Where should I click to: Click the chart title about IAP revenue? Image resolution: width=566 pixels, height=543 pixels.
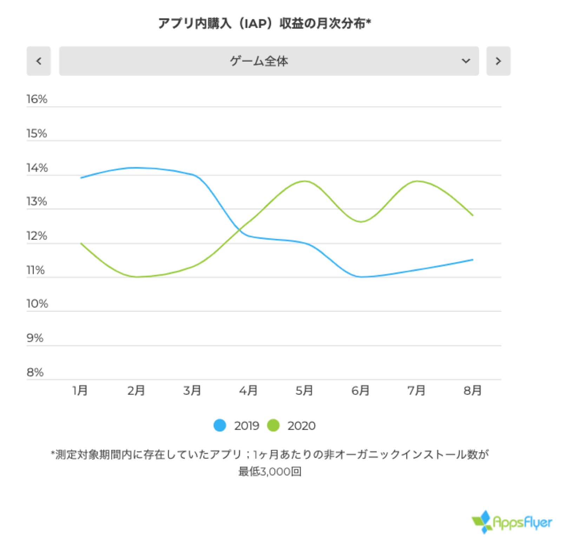[264, 24]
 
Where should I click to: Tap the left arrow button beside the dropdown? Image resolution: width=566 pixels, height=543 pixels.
[39, 61]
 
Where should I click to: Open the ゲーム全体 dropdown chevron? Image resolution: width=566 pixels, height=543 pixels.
[466, 61]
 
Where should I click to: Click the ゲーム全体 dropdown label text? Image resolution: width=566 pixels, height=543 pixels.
[259, 61]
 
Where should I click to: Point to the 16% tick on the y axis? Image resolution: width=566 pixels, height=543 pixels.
[37, 99]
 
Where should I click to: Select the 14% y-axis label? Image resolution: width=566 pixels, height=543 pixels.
[37, 168]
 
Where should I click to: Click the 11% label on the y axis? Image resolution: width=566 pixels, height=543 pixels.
[36, 270]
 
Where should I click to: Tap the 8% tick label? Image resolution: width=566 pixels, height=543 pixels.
[35, 372]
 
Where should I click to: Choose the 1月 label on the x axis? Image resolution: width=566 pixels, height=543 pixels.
[80, 390]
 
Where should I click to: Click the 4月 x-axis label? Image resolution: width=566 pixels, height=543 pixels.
[248, 390]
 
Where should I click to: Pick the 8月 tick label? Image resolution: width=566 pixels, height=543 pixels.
[473, 390]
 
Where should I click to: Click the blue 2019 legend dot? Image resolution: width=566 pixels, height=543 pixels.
[220, 426]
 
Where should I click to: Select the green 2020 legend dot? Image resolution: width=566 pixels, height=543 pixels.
[273, 426]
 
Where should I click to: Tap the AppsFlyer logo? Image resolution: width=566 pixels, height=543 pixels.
[512, 522]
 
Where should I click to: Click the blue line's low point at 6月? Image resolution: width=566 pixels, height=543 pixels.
[361, 277]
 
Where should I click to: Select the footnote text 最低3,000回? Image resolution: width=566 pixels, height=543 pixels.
[270, 472]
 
